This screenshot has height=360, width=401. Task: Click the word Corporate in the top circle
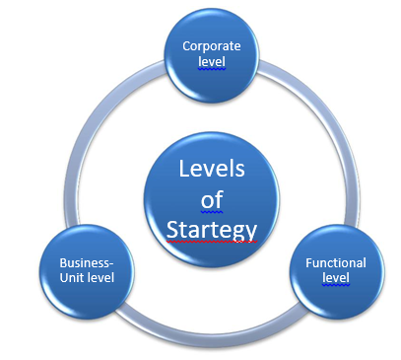click(x=212, y=45)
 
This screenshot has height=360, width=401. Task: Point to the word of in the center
click(x=212, y=200)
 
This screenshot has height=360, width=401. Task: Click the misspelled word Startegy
click(x=212, y=230)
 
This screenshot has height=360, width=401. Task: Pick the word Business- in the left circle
click(x=87, y=263)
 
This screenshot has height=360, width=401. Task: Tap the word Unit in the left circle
click(x=72, y=278)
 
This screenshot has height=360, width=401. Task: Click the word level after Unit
click(x=100, y=278)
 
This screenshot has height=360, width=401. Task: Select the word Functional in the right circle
click(x=335, y=263)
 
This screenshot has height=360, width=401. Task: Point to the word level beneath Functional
click(x=335, y=278)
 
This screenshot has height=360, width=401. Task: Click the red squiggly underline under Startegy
click(x=212, y=242)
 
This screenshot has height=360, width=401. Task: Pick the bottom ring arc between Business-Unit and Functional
click(x=212, y=329)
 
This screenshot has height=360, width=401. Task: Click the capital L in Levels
click(x=184, y=169)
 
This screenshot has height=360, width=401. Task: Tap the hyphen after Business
click(x=112, y=263)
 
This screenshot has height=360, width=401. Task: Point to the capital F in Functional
click(x=308, y=263)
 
